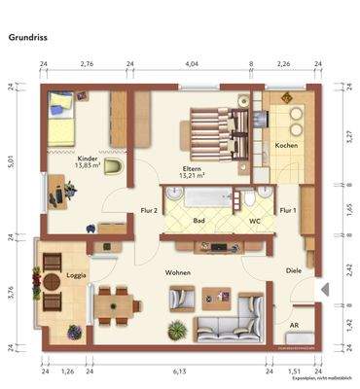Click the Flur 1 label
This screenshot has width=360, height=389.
(288, 209)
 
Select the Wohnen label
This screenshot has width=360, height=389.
(177, 273)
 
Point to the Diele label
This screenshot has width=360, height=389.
(294, 271)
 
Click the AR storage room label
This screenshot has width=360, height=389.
(294, 326)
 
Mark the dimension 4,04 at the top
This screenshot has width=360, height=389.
(191, 64)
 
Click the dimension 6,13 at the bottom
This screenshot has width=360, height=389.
(178, 371)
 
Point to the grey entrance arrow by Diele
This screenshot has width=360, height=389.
(325, 288)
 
